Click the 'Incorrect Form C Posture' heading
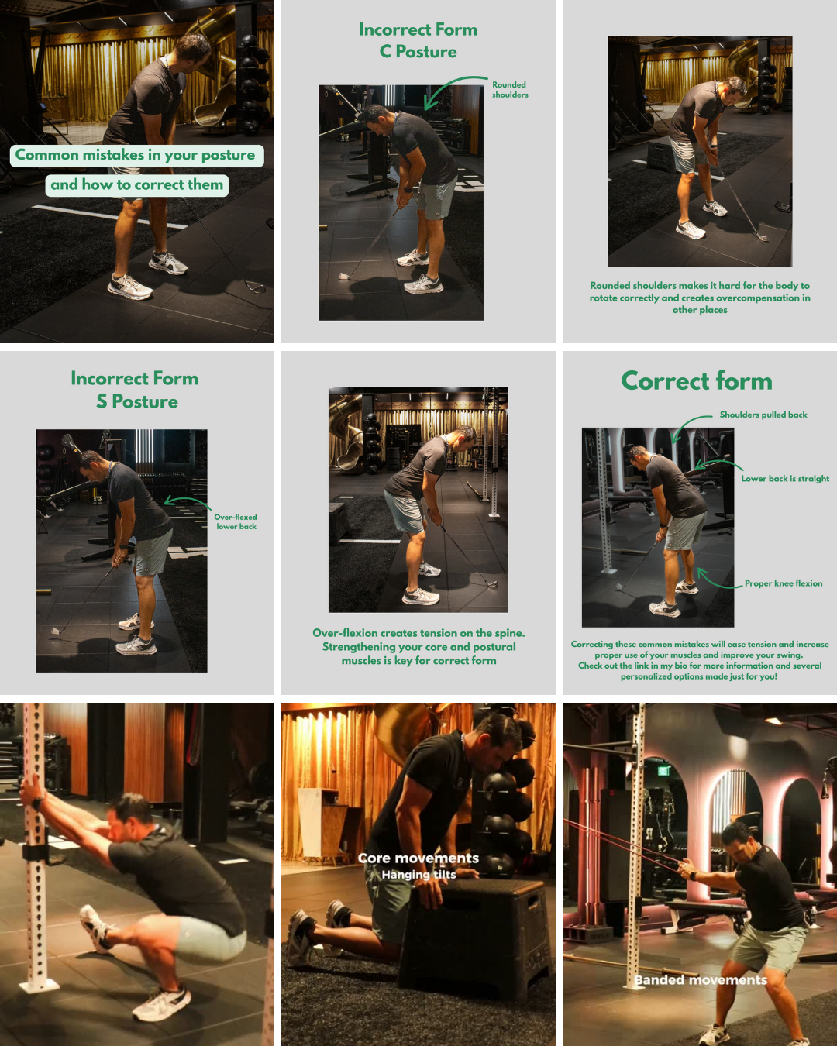pyautogui.click(x=418, y=40)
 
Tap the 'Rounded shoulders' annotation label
pyautogui.click(x=510, y=89)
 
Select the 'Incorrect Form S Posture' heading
pyautogui.click(x=135, y=389)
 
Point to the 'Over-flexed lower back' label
pyautogui.click(x=236, y=521)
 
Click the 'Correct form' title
pyautogui.click(x=697, y=380)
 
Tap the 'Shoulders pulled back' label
pyautogui.click(x=763, y=414)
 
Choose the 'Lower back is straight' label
pyautogui.click(x=785, y=478)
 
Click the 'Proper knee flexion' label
pyautogui.click(x=784, y=583)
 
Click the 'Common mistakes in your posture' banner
pyautogui.click(x=136, y=156)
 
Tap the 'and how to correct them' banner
pyautogui.click(x=136, y=185)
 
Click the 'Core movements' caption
pyautogui.click(x=418, y=858)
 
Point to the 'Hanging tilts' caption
pyautogui.click(x=418, y=875)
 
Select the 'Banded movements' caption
pyautogui.click(x=701, y=980)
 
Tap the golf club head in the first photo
pyautogui.click(x=256, y=287)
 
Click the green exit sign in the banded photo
pyautogui.click(x=663, y=770)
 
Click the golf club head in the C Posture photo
pyautogui.click(x=344, y=276)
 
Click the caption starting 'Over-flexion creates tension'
pyautogui.click(x=418, y=646)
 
